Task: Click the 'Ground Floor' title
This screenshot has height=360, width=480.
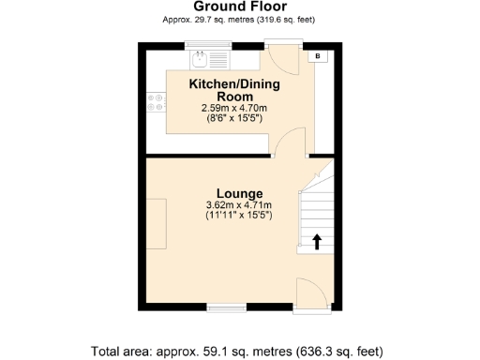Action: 239,6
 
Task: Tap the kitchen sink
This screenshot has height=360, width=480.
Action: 201,60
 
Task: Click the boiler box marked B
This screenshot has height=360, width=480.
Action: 317,57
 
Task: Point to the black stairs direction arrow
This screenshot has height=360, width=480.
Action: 316,242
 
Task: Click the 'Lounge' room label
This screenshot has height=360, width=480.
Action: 239,193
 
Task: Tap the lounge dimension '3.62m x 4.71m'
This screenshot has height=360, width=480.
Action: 239,205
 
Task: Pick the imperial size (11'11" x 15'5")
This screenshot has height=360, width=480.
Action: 239,216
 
